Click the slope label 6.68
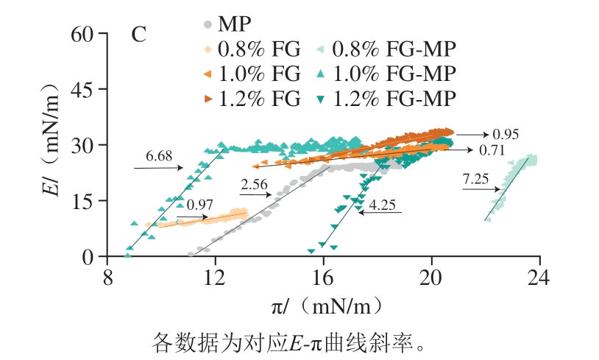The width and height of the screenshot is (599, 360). pos(159,156)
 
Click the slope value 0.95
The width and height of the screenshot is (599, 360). pos(506,135)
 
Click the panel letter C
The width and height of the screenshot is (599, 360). pos(138,35)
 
